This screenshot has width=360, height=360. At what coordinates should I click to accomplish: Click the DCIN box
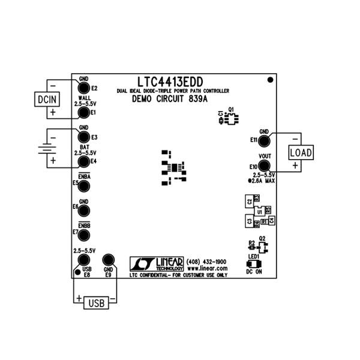[46, 99]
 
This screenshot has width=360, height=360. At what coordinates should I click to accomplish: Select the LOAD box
[301, 152]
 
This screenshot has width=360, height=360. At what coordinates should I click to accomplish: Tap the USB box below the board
[97, 302]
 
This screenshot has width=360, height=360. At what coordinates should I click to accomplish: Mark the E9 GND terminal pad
[108, 260]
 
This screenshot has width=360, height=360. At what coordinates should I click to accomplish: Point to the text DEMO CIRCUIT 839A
[170, 99]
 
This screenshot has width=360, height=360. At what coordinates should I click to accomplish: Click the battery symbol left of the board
[46, 149]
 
